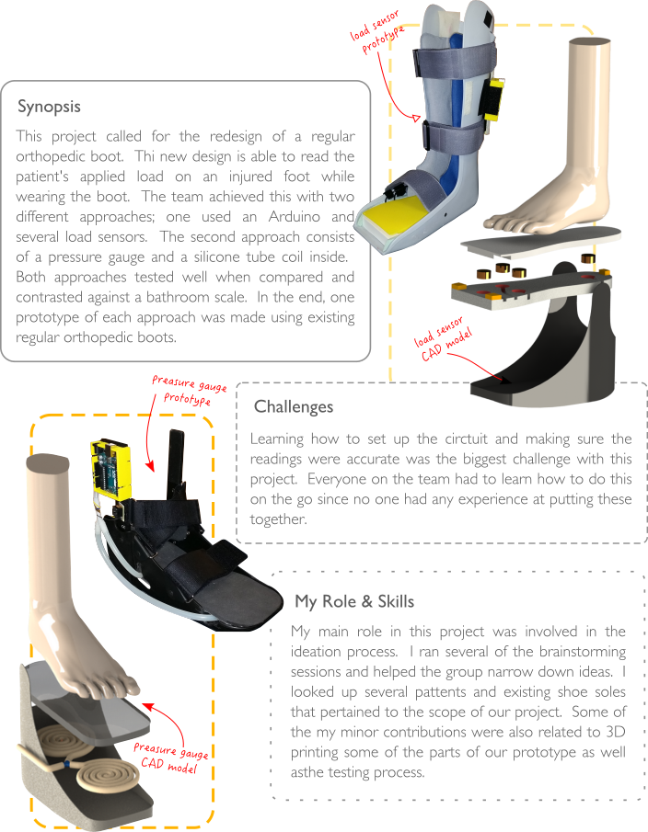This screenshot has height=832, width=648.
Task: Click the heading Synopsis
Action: pos(50,107)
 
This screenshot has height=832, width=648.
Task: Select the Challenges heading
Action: pos(294,406)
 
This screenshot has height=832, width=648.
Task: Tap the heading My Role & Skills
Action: pos(354,602)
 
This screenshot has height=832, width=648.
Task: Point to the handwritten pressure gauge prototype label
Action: pos(187,389)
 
